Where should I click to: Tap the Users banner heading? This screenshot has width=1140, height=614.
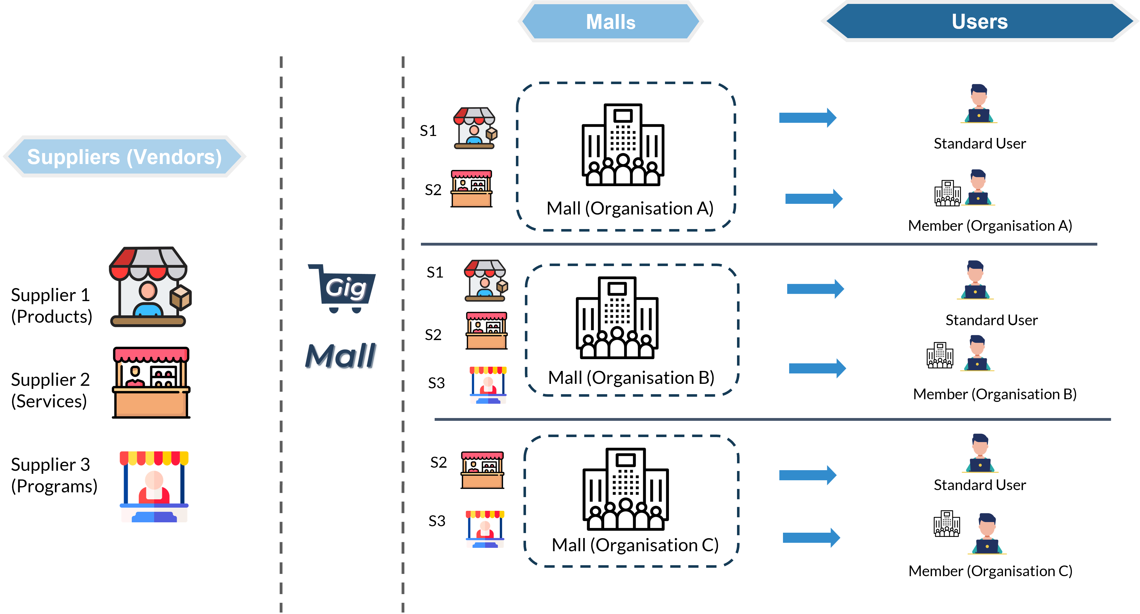[x=979, y=21]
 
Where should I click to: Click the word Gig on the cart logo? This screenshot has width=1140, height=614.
[x=346, y=288]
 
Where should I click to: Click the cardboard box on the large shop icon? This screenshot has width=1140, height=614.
[x=180, y=297]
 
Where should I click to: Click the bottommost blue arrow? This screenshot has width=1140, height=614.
[x=811, y=537]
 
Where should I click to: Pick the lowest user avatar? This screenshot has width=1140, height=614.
[x=987, y=534]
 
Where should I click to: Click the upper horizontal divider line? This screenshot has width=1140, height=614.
[x=759, y=244]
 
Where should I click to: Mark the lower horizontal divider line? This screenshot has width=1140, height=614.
[x=772, y=419]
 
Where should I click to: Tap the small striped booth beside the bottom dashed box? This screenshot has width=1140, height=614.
[x=485, y=529]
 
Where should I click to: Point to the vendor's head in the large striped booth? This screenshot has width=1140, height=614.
[x=154, y=479]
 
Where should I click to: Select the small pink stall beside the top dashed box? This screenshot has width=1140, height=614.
[x=471, y=189]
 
